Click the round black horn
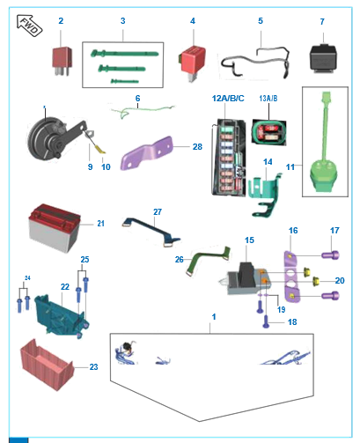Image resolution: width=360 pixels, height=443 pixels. [46, 140]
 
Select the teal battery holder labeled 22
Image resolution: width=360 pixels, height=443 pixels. [62, 309]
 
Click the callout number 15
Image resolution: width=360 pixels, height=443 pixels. [249, 240]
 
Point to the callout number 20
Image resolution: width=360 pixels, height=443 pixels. [340, 280]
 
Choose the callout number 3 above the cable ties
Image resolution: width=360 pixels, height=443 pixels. [122, 20]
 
